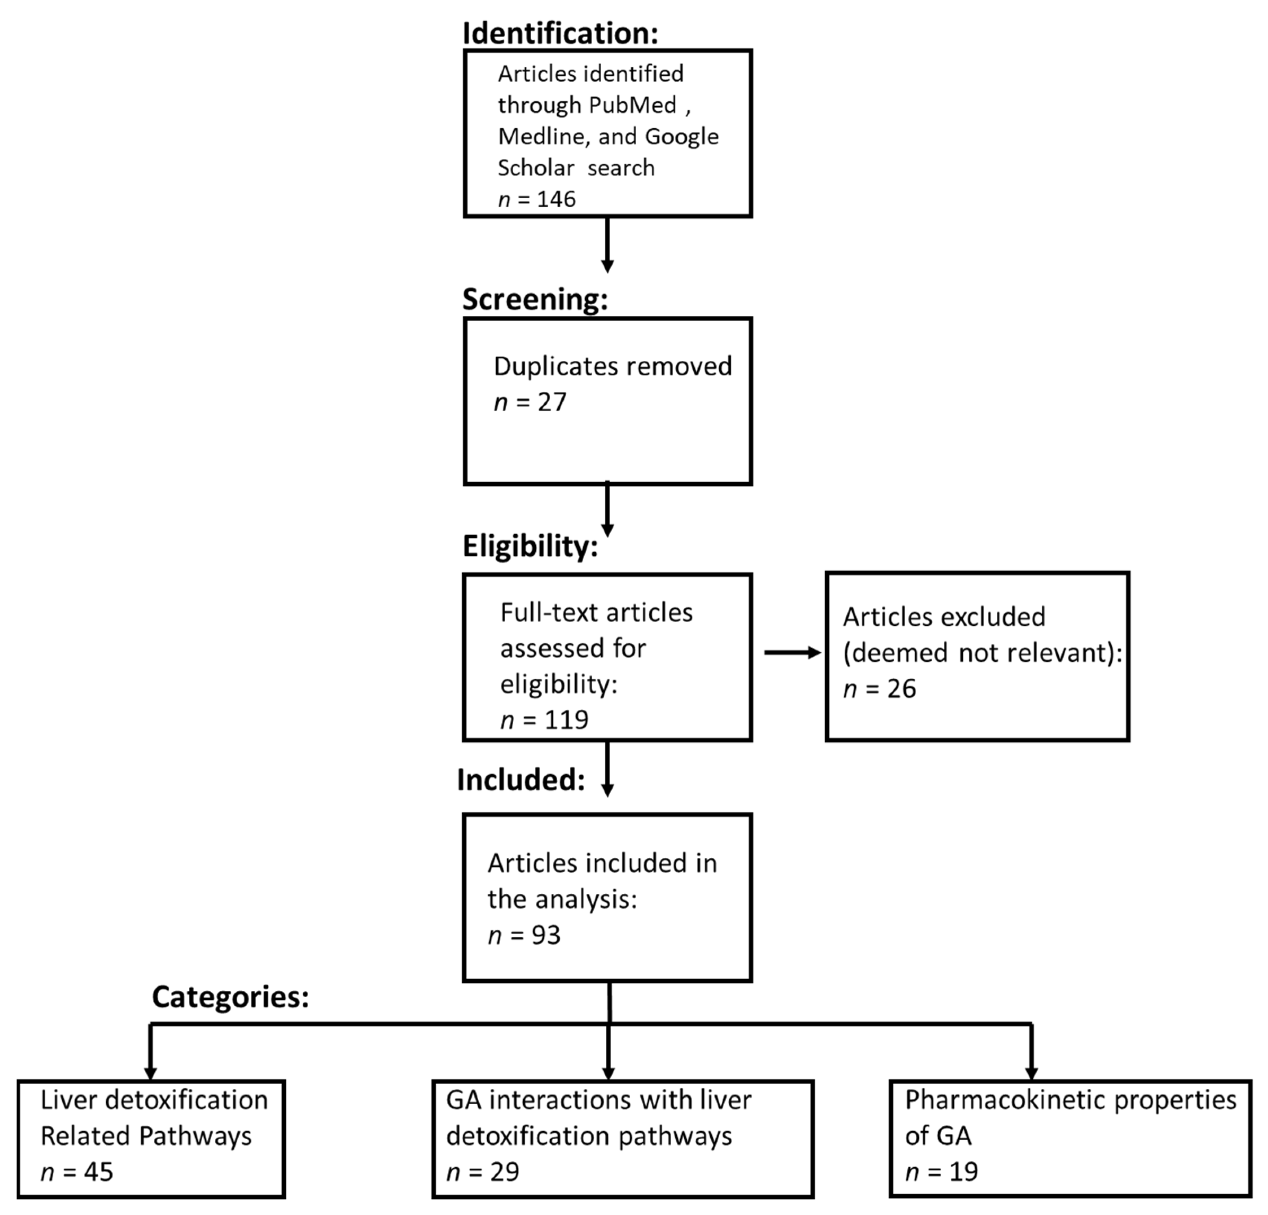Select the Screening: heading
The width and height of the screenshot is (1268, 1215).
click(x=535, y=299)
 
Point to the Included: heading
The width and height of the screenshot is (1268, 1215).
click(x=521, y=780)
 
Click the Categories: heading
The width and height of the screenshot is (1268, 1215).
click(x=230, y=997)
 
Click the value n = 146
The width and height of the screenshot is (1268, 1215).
click(x=537, y=199)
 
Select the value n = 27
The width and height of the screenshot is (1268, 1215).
click(x=530, y=402)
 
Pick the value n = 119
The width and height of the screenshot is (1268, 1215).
click(x=545, y=719)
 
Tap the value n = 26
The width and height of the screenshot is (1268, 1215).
click(x=880, y=689)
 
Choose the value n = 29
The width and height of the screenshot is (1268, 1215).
click(x=483, y=1172)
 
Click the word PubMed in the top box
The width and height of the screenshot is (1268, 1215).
click(x=632, y=105)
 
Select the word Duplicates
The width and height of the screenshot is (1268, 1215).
click(x=556, y=366)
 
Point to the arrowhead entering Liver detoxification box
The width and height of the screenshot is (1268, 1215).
click(x=150, y=1072)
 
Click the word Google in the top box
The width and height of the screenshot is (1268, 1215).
click(x=682, y=136)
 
